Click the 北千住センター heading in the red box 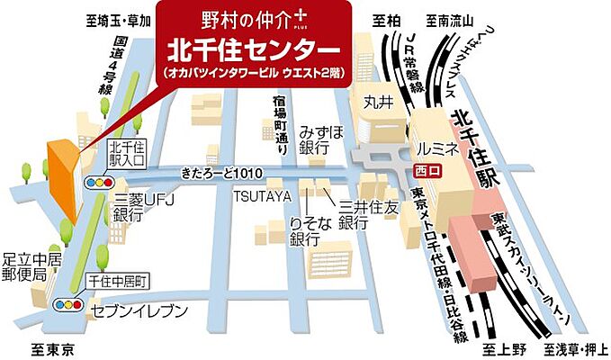coord(252,44)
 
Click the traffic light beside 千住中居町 coord(68,304)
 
